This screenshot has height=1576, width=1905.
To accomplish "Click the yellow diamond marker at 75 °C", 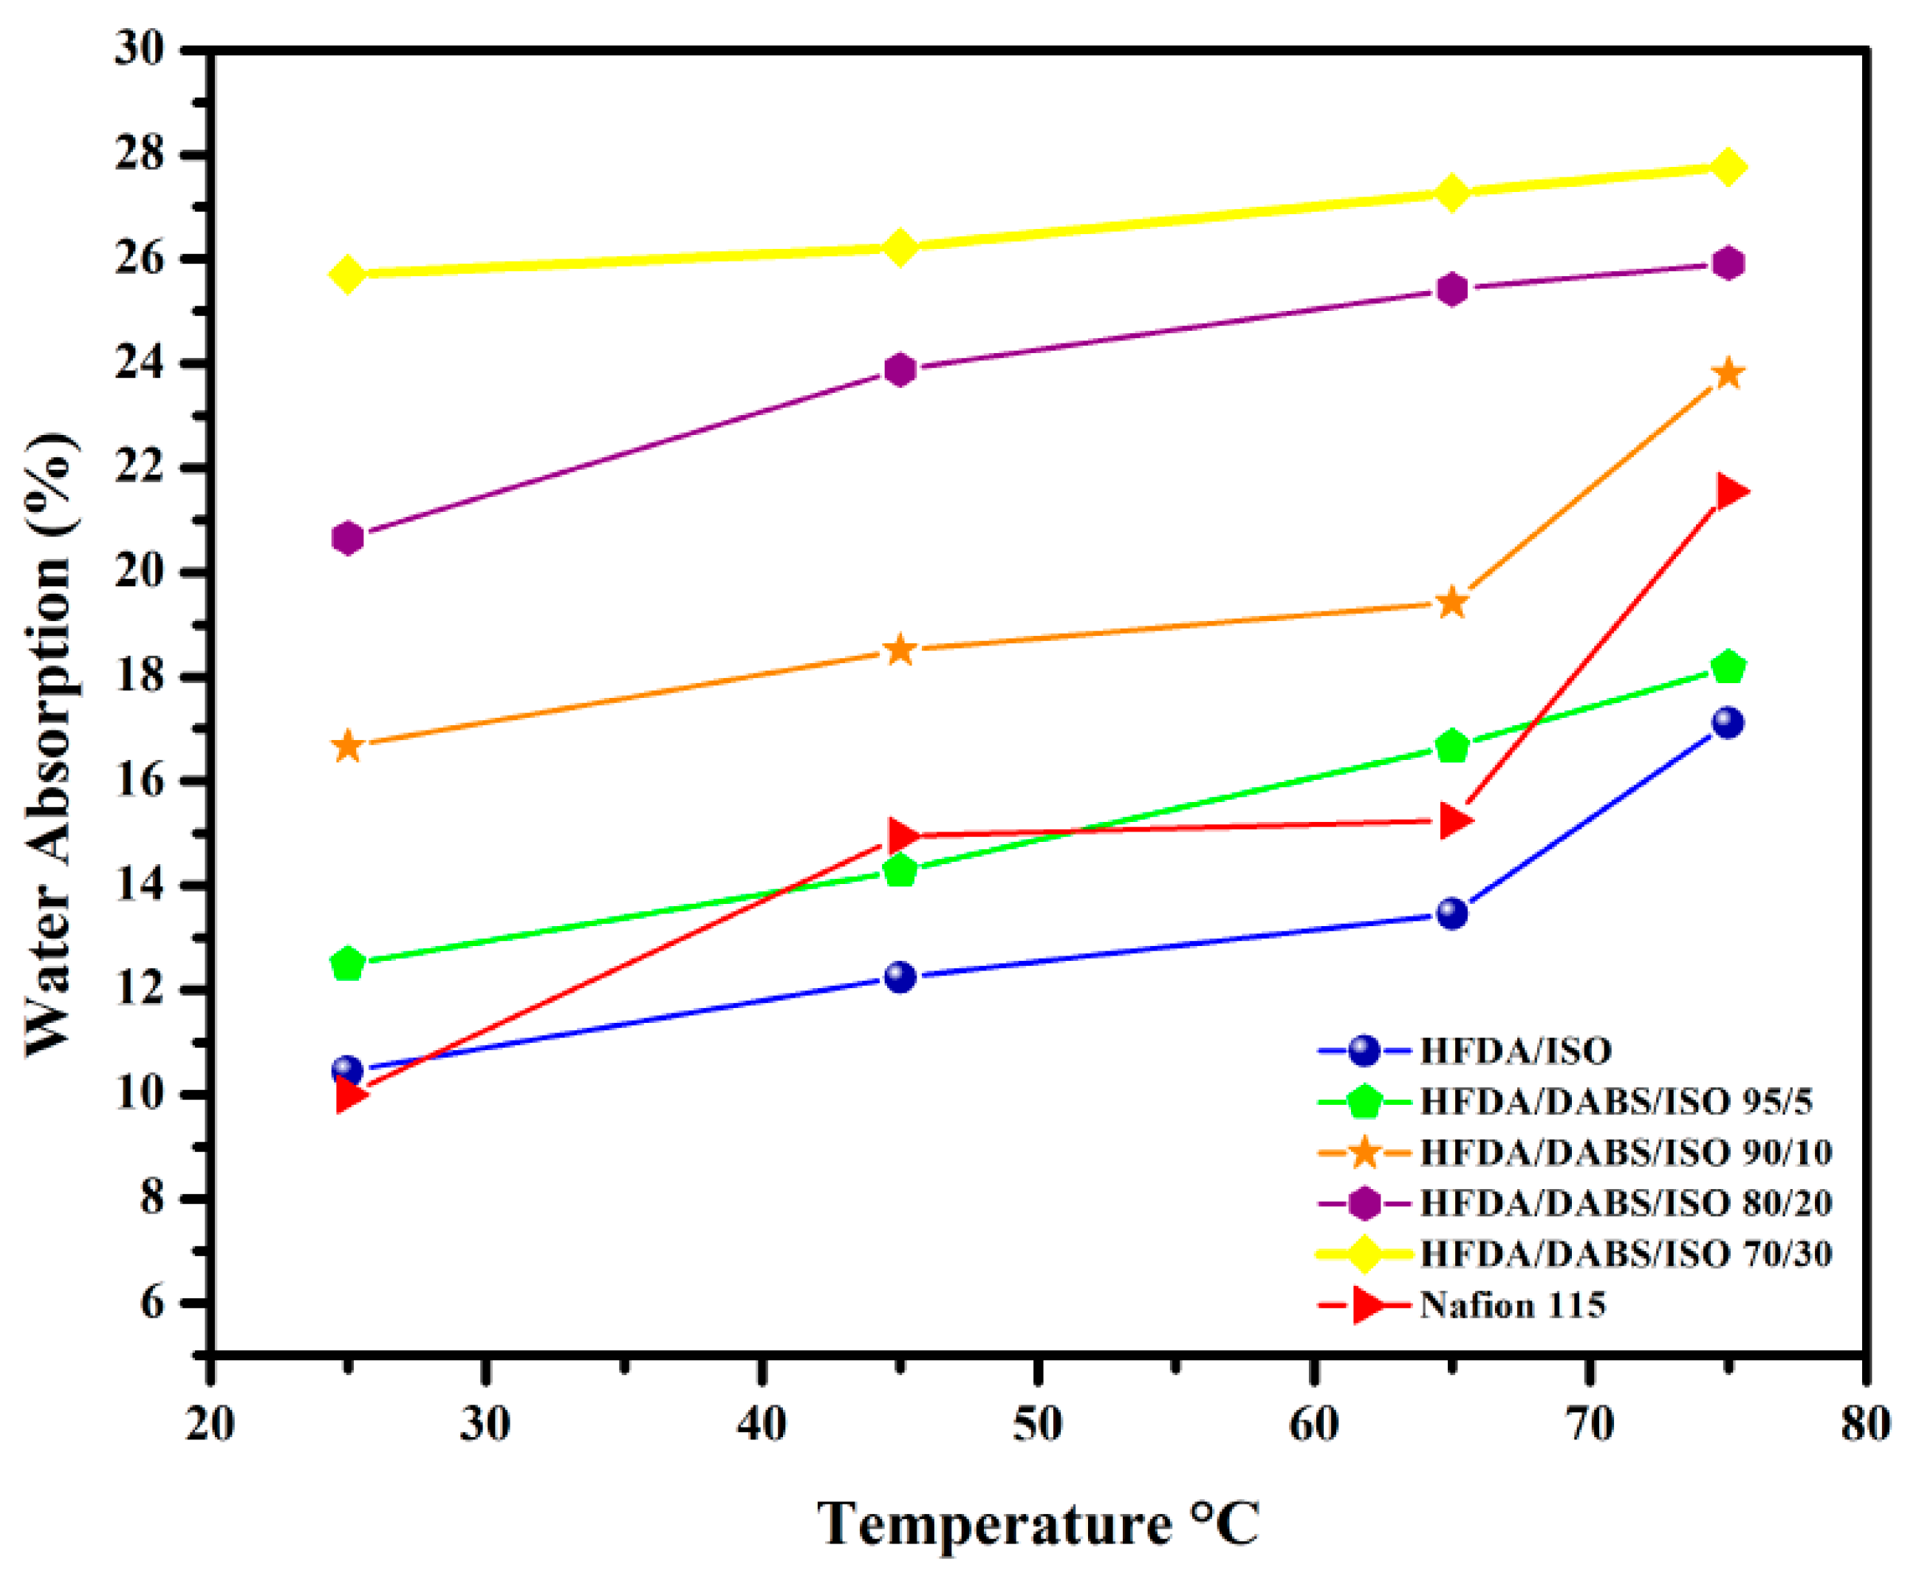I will (1728, 167).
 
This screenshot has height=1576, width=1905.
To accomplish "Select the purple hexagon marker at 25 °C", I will (347, 538).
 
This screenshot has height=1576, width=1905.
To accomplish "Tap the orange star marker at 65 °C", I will (1452, 602).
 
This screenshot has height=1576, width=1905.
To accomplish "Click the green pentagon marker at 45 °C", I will (900, 871).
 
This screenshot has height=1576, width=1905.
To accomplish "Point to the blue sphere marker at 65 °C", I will (1452, 913).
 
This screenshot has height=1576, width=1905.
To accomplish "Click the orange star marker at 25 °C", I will (347, 747).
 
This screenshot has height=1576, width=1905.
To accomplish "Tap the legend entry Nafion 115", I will (1512, 1306).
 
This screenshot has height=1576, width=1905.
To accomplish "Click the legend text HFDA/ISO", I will (1515, 1051).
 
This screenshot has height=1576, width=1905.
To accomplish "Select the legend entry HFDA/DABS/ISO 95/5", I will (1615, 1102).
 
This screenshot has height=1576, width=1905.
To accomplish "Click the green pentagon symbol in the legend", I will (1364, 1103).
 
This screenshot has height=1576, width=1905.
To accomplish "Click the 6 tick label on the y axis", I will (151, 1303).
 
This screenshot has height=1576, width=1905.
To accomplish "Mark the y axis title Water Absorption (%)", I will (50, 744).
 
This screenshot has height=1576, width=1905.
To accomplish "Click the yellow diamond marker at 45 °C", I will (900, 247).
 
